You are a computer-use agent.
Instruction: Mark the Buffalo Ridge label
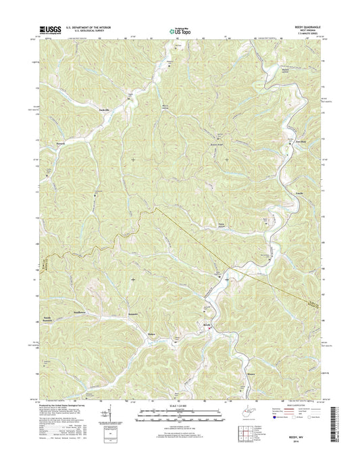tap(215, 144)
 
